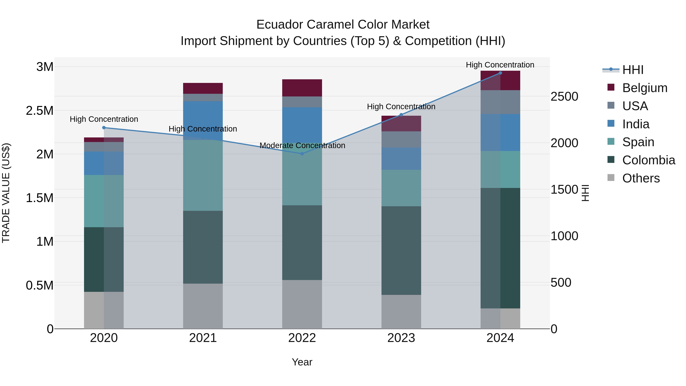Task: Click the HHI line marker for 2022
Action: click(302, 154)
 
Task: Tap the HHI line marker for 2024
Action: click(500, 73)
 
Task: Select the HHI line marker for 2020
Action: click(104, 128)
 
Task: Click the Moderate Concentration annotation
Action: click(302, 145)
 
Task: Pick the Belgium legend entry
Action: click(644, 88)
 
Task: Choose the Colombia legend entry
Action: click(648, 160)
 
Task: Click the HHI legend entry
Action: click(632, 70)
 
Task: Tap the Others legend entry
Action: click(641, 178)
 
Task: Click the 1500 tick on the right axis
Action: click(564, 190)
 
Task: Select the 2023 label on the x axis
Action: click(401, 338)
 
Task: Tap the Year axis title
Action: click(302, 362)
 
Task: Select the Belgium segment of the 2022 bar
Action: click(302, 88)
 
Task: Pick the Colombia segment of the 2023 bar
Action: click(401, 250)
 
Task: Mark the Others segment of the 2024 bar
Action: click(500, 318)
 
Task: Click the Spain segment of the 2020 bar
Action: click(104, 201)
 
